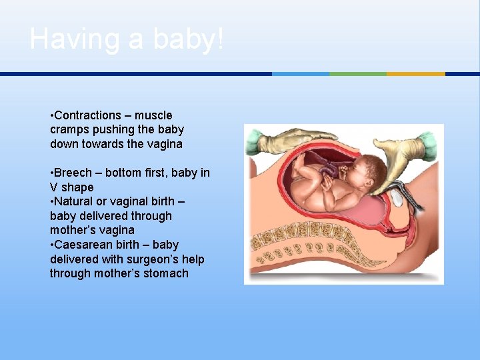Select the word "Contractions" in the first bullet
(x=88, y=115)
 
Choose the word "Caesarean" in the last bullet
(x=84, y=245)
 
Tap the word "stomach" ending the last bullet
(x=166, y=273)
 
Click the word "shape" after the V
(x=78, y=187)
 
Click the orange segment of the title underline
(x=415, y=74)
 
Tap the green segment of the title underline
(x=358, y=74)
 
